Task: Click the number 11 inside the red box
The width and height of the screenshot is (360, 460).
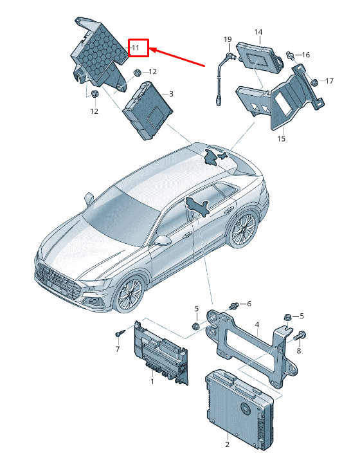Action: point(136,48)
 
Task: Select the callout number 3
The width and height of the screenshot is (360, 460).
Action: point(171,94)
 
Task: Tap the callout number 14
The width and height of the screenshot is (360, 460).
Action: point(258,32)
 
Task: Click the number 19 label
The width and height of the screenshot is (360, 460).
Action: point(227,40)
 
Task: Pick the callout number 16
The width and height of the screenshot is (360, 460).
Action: point(305,55)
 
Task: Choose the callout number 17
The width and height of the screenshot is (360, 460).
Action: point(328,81)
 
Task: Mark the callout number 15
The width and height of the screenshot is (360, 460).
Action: point(281,138)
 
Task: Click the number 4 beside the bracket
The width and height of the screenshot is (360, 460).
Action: point(256,325)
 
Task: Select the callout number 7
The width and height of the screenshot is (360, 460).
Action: point(118,349)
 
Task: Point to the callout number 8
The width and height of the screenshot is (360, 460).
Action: point(298,351)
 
